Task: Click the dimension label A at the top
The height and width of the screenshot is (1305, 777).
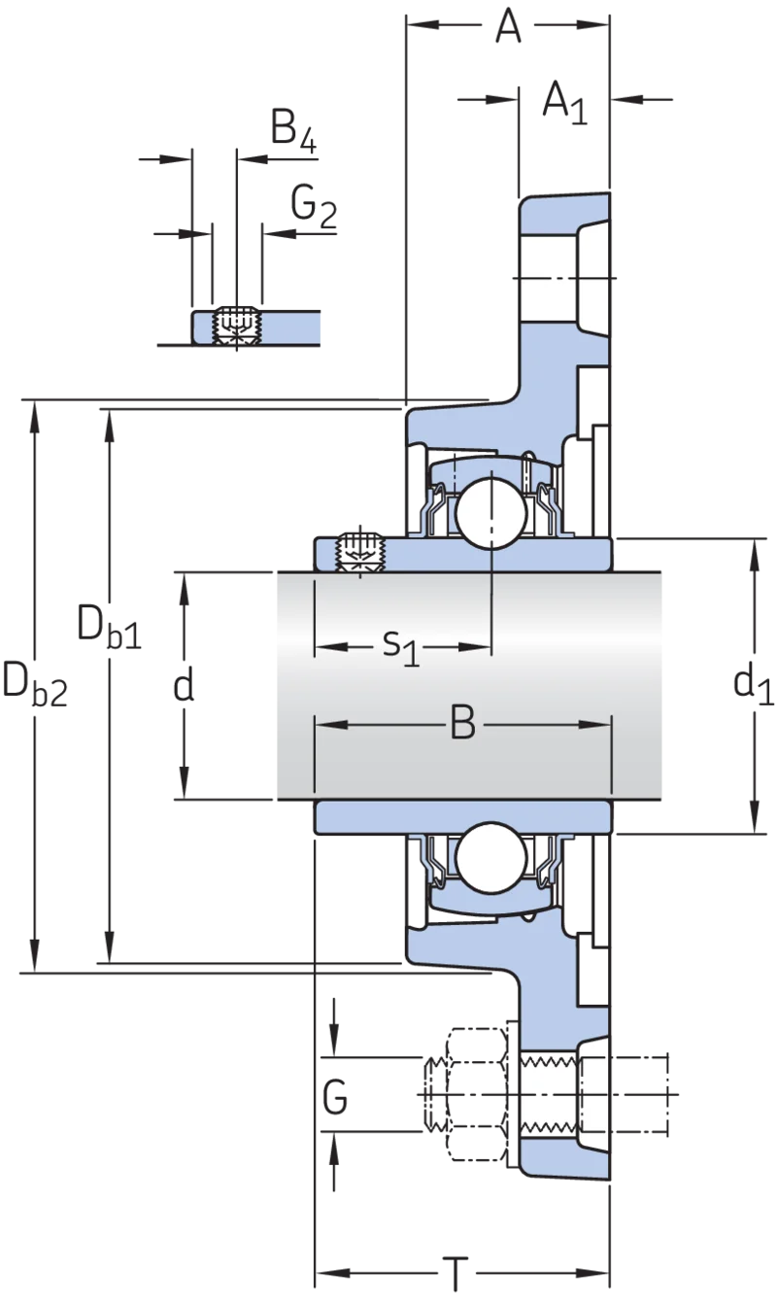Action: coord(508,26)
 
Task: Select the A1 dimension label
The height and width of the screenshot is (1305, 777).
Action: coord(565,103)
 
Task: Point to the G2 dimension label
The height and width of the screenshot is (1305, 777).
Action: coord(314,207)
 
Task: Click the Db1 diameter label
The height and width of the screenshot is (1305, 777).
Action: coord(110,628)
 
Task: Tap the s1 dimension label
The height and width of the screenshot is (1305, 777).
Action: coord(401,648)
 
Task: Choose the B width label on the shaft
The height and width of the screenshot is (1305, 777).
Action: coord(463,724)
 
